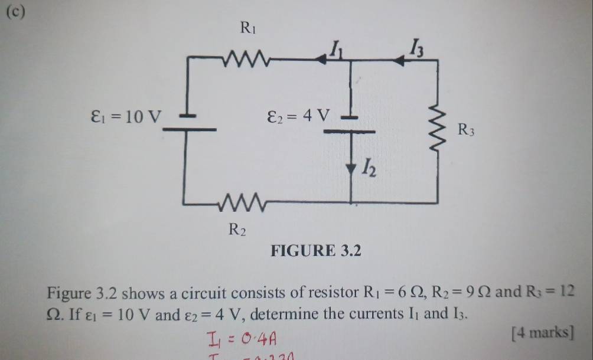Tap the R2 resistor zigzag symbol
242,204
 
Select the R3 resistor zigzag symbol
438,129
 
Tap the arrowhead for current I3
402,60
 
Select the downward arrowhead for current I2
352,165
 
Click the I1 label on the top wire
336,47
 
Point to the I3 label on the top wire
417,47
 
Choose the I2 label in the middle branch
368,171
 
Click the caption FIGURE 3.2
315,253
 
